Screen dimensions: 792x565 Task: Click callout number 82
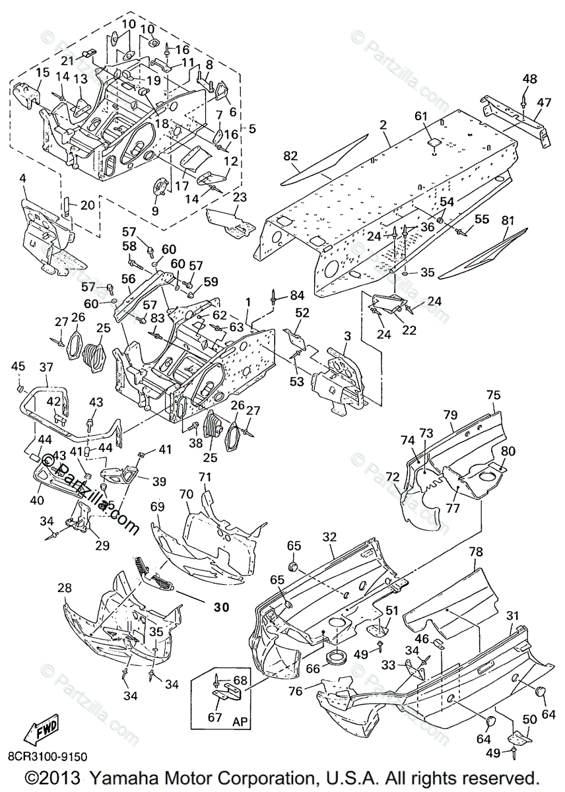[291, 156]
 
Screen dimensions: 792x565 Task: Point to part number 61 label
[422, 117]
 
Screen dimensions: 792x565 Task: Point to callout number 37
[46, 367]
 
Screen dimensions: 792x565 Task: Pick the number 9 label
[155, 211]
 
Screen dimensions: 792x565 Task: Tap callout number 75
[494, 395]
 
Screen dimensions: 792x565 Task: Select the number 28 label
[65, 587]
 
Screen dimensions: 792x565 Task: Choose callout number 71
[205, 476]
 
